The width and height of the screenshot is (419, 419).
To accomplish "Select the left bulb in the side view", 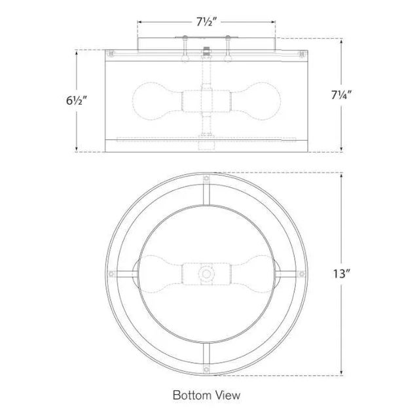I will [155, 101].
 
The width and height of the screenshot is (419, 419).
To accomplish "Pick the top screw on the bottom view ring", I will [207, 178].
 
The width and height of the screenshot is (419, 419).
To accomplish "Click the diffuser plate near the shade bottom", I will [207, 138].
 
